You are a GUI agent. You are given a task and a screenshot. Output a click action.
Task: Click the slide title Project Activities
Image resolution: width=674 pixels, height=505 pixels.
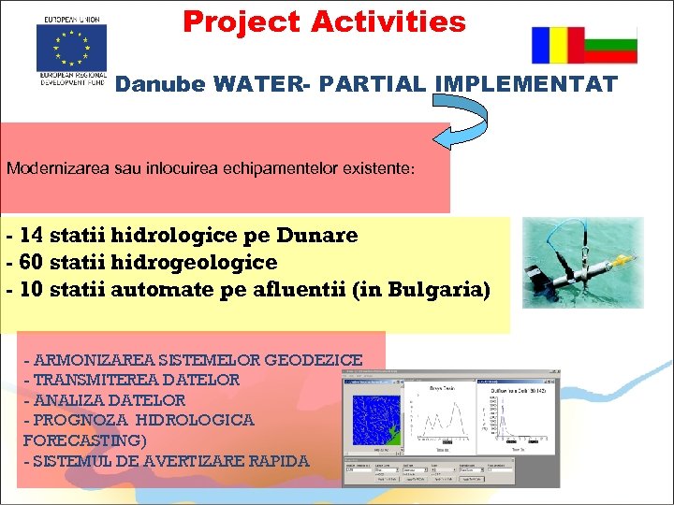(324, 22)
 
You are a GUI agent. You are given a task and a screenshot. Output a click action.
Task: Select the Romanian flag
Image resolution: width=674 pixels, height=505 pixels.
(557, 45)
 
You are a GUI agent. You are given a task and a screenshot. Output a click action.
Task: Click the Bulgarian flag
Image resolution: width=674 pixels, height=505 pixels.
(610, 45)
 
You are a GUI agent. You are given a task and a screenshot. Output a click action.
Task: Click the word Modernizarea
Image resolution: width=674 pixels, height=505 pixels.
(52, 169)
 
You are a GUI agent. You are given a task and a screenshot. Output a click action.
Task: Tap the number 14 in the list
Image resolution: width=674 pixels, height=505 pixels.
(30, 235)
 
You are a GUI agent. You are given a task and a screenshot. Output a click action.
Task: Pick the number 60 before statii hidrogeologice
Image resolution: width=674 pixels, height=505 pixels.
(30, 263)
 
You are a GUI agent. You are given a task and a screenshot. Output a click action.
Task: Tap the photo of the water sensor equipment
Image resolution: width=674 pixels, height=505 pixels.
(582, 263)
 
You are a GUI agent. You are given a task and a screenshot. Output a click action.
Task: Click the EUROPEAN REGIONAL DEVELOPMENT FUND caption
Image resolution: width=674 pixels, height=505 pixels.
(72, 77)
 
